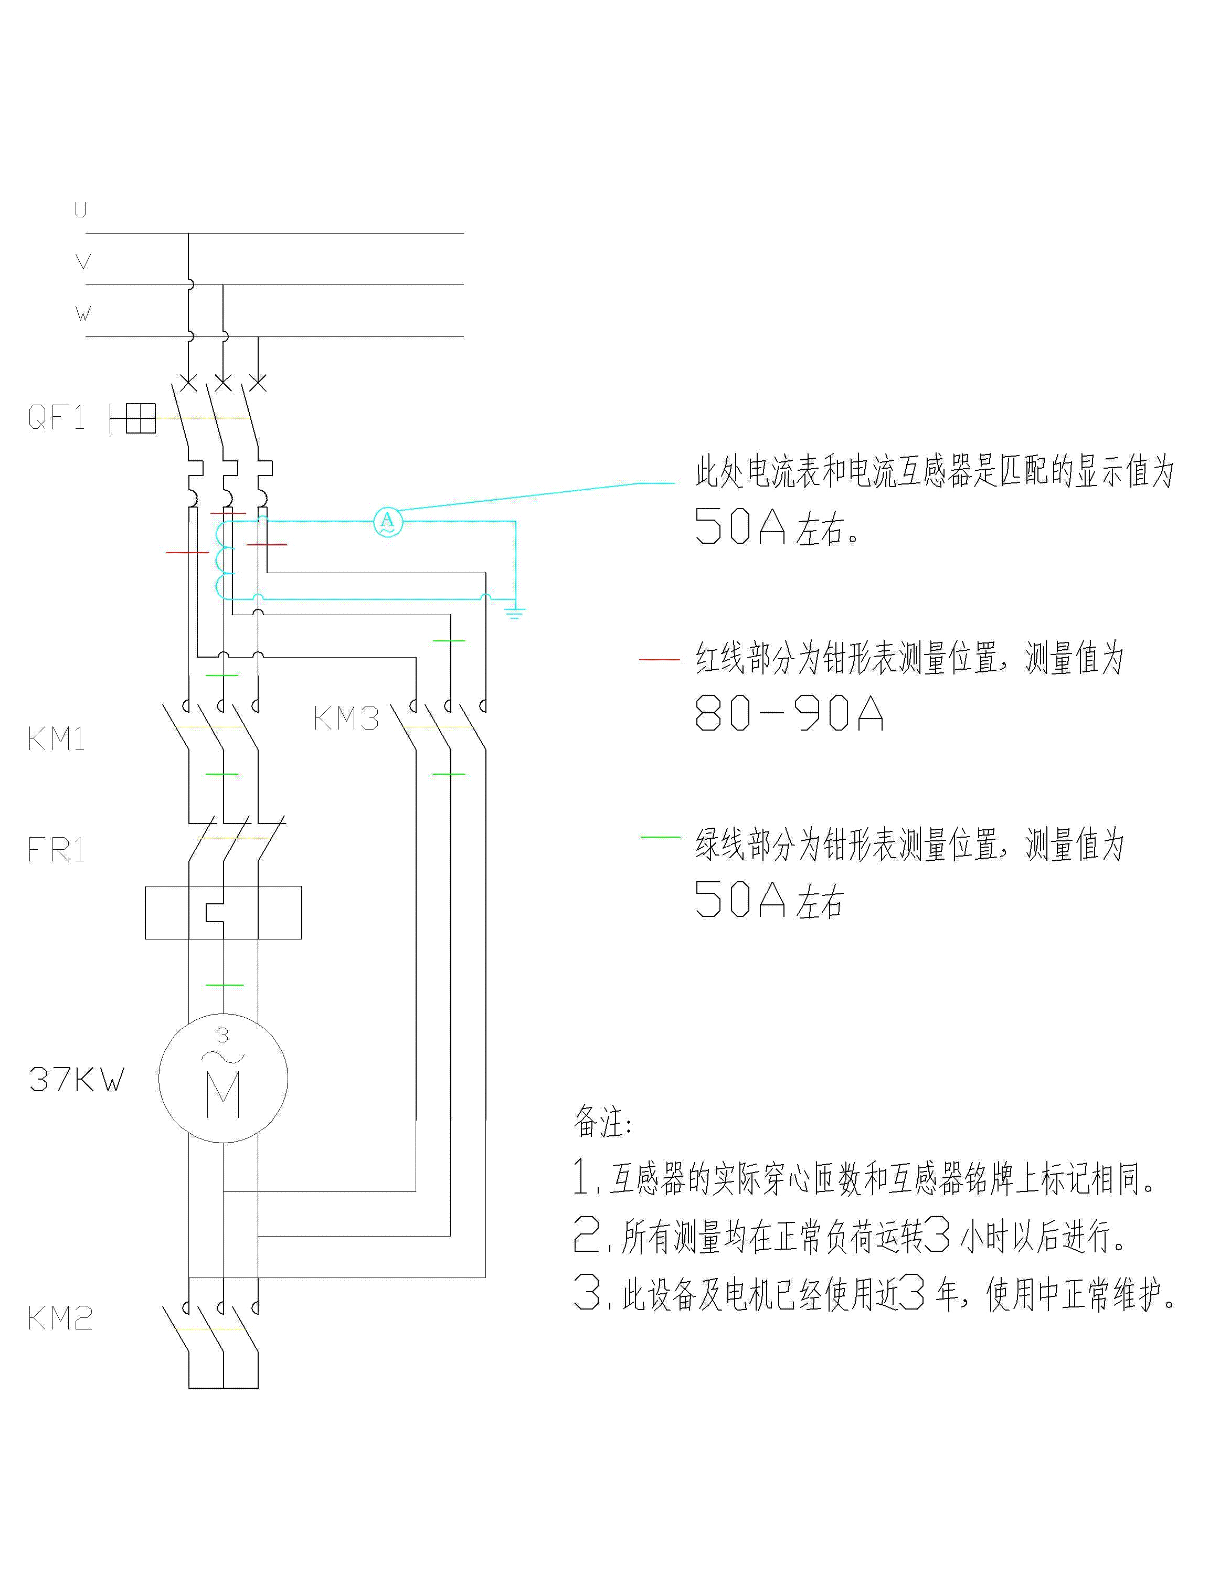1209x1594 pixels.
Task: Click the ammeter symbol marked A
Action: [388, 521]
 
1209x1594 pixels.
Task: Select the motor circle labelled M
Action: [224, 1078]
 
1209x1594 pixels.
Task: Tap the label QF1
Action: [56, 418]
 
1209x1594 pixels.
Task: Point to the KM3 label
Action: [346, 719]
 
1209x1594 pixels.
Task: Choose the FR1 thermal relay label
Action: [56, 850]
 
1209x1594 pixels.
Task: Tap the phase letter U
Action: [81, 210]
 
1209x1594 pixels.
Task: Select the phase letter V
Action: [83, 261]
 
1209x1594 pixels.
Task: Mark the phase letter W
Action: [83, 313]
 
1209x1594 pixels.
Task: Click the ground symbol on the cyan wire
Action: [514, 613]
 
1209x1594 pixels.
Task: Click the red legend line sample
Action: [659, 659]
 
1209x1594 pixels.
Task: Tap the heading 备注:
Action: [602, 1121]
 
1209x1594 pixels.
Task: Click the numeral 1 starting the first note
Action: [581, 1177]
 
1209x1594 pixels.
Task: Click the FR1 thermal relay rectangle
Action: [224, 913]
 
